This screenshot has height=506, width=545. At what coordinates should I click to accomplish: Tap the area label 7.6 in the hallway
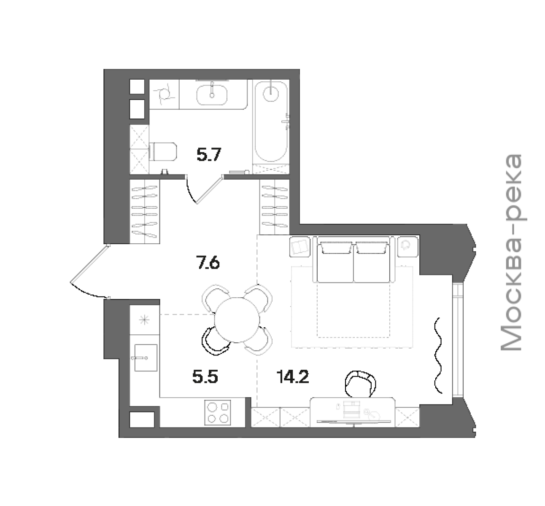208,262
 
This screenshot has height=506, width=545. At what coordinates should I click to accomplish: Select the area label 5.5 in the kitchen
205,377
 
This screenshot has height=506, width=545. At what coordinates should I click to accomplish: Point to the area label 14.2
293,377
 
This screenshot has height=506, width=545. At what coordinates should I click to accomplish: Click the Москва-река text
511,253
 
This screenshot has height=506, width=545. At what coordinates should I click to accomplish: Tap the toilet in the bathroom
162,151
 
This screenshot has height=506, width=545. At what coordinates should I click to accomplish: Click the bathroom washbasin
212,95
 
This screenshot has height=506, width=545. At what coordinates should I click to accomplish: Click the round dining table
237,320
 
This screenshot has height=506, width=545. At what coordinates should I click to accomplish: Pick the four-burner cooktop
217,412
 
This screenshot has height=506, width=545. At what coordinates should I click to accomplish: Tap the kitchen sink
146,358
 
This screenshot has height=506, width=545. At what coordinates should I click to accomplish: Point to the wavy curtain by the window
438,355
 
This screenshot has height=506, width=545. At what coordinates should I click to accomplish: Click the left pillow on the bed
335,248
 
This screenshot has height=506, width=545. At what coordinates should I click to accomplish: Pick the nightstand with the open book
300,247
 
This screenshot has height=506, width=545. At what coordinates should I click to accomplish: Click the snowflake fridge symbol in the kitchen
144,320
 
